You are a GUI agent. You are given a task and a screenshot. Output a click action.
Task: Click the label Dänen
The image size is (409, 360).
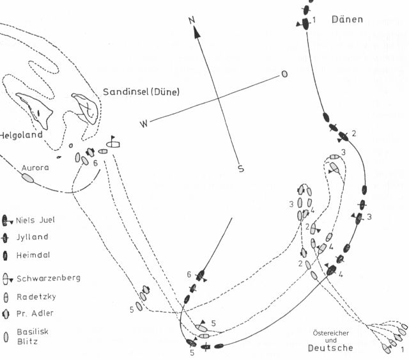(347, 19)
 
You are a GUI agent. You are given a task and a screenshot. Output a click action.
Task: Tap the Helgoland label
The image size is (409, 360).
(20, 135)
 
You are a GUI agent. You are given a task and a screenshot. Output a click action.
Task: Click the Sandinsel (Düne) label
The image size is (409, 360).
(141, 92)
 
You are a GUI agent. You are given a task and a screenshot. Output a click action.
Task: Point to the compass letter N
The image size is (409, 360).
(191, 20)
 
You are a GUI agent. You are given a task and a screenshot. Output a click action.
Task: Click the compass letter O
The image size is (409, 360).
(284, 74)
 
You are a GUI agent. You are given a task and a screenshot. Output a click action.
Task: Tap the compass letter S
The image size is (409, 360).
(241, 169)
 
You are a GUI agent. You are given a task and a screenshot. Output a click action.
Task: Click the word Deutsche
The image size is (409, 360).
(330, 348)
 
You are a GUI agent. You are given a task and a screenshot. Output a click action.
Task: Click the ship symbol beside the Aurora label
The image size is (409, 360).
(28, 177)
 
